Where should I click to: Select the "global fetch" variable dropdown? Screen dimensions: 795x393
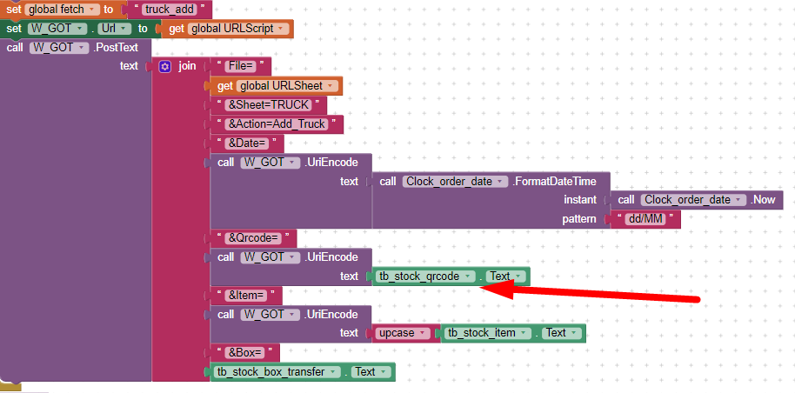62,10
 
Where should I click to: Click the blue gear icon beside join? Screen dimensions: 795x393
164,66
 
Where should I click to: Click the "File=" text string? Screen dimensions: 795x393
242,66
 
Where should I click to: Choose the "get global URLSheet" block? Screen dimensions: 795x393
277,86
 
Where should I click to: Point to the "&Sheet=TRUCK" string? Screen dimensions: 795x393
268,105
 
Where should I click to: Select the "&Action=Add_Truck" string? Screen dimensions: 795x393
277,124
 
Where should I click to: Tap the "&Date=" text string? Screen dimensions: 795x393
247,143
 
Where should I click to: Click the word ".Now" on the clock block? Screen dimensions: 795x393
763,200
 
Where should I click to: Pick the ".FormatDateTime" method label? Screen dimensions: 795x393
554,181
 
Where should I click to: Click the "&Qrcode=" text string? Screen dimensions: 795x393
253,238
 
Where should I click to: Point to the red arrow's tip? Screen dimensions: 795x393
480,288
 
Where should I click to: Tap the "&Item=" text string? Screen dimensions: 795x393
246,295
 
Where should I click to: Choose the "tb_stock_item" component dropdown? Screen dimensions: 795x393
488,333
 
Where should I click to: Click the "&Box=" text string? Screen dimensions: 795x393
245,352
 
